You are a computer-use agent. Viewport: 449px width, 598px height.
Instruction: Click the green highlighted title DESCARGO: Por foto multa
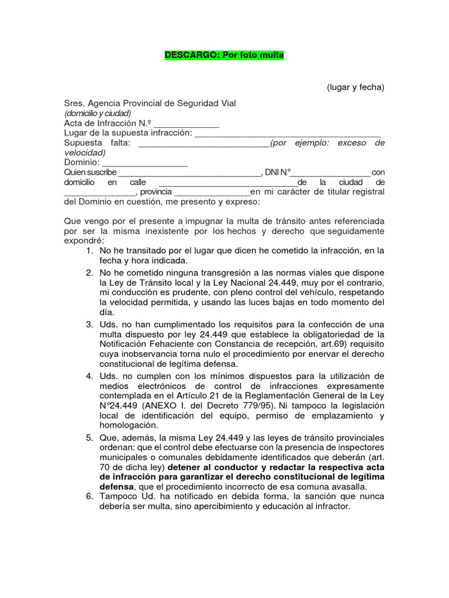[224, 55]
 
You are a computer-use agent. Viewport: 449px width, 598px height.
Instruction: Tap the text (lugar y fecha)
[355, 87]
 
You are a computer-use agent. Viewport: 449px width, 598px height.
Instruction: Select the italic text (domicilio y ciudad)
[98, 113]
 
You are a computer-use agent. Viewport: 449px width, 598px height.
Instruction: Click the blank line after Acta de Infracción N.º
[186, 125]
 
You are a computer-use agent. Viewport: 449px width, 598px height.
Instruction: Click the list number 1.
[89, 251]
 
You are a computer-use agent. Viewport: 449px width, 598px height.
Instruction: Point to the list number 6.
[89, 496]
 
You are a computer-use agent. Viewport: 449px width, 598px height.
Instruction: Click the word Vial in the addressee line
[227, 103]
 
